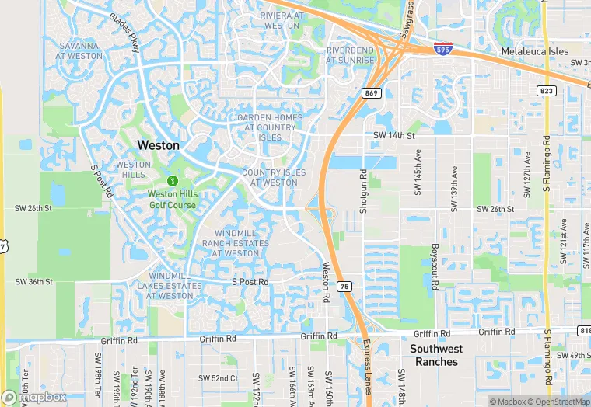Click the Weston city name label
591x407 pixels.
(158, 145)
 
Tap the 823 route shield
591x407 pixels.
(547, 91)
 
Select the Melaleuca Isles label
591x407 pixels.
(534, 50)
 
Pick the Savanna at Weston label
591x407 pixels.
(80, 50)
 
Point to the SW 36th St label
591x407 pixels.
(33, 281)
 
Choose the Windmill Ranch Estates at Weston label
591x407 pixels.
(235, 243)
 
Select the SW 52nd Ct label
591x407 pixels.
(217, 378)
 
